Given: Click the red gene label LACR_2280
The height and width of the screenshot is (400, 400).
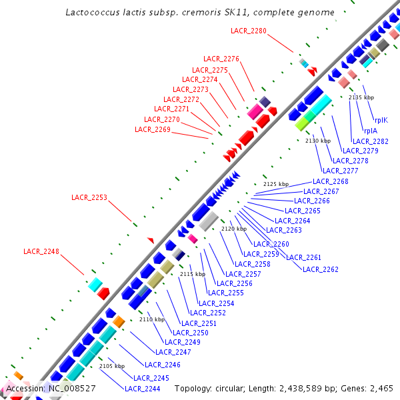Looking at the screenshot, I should (249, 31).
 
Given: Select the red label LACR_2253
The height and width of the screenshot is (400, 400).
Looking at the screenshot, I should (89, 197).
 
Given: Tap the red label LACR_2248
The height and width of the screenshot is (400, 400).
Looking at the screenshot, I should (41, 252).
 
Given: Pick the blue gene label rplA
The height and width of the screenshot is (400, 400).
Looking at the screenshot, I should (371, 131).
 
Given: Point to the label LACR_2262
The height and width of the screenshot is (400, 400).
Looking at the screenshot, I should (321, 269).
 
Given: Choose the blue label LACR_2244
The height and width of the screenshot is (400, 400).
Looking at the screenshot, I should (143, 389).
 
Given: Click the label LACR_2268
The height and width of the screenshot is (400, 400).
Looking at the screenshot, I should (331, 182).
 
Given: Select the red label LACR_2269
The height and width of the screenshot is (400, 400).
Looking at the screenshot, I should (153, 129).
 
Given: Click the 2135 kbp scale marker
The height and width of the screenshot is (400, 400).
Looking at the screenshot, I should (361, 97).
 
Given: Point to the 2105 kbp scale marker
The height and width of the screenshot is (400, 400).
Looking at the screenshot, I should (112, 366).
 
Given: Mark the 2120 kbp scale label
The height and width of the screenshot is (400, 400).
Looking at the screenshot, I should (234, 229).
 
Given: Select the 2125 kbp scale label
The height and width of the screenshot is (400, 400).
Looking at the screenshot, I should (276, 184).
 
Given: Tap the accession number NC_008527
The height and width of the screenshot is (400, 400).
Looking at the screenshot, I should (70, 388).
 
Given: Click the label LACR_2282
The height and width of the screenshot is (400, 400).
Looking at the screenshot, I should (371, 141).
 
